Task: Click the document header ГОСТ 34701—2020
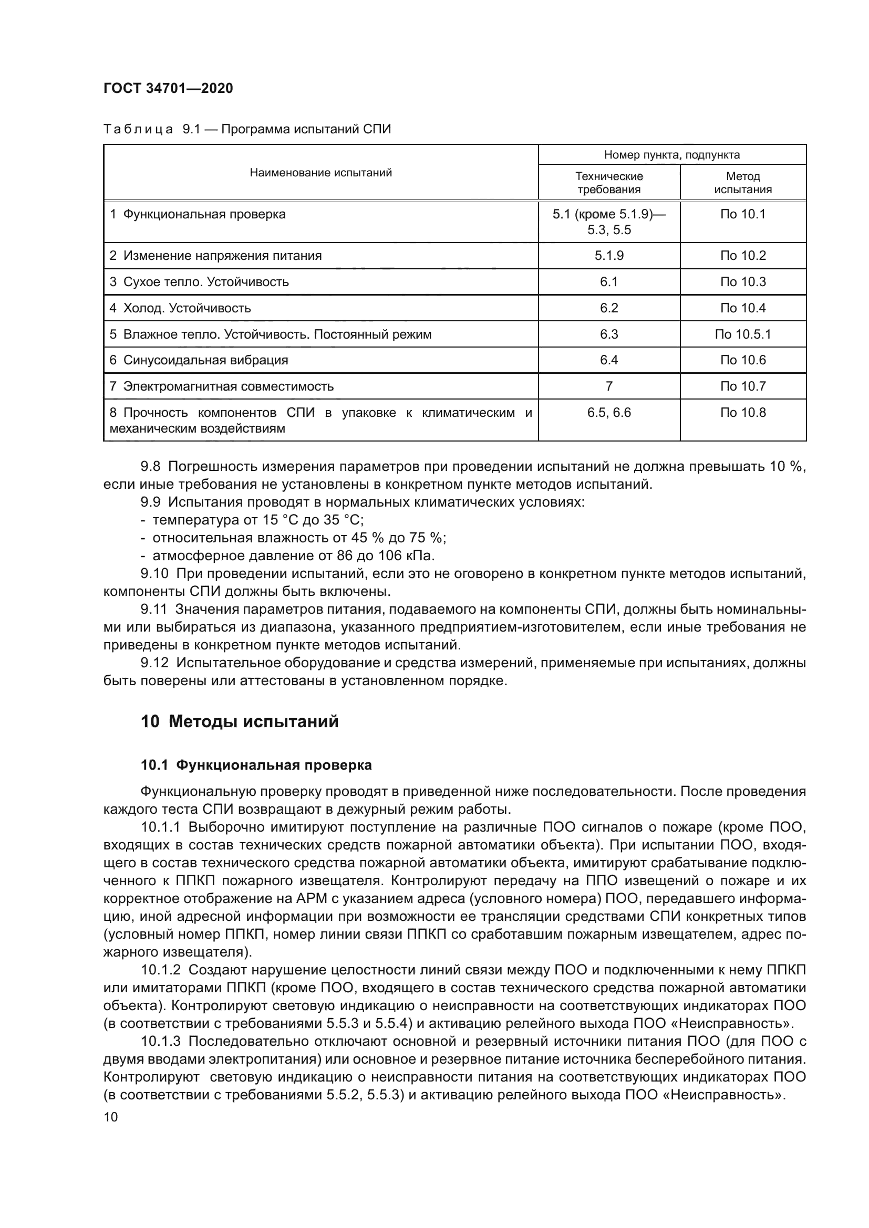pyautogui.click(x=168, y=88)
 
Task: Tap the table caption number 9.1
pyautogui.click(x=191, y=130)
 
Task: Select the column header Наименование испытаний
pyautogui.click(x=320, y=173)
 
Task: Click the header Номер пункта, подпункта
pyautogui.click(x=671, y=155)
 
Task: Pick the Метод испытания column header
pyautogui.click(x=743, y=182)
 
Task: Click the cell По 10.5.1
pyautogui.click(x=743, y=334)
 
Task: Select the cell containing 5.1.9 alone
pyautogui.click(x=609, y=256)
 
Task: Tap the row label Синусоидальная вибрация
pyautogui.click(x=205, y=360)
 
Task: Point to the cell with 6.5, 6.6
pyautogui.click(x=609, y=412)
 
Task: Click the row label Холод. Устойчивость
pyautogui.click(x=187, y=308)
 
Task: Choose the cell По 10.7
pyautogui.click(x=743, y=386)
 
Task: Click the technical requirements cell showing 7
pyautogui.click(x=609, y=386)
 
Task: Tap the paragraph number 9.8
pyautogui.click(x=150, y=466)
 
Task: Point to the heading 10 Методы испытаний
pyautogui.click(x=240, y=721)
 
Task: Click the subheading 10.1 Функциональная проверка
pyautogui.click(x=256, y=765)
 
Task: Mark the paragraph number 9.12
pyautogui.click(x=153, y=663)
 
